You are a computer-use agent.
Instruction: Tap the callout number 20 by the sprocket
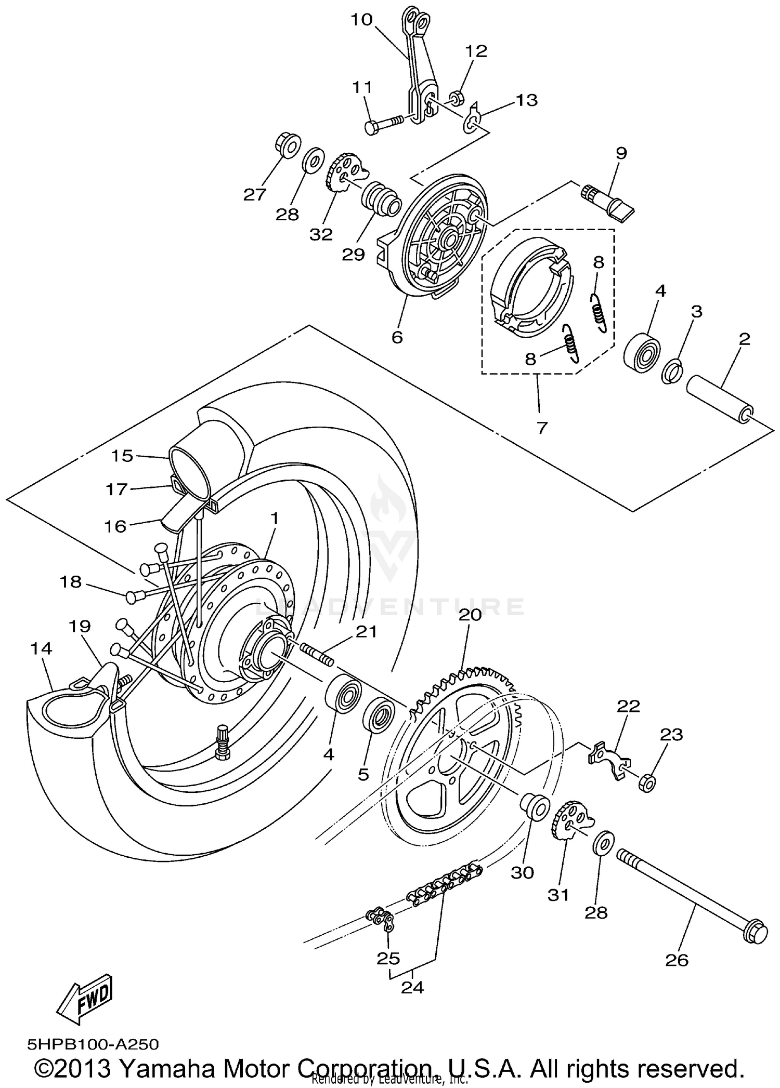pyautogui.click(x=470, y=615)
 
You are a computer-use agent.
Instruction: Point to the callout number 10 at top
pyautogui.click(x=361, y=20)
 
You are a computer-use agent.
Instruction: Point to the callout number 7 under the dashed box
pyautogui.click(x=542, y=428)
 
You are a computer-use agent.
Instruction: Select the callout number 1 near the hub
pyautogui.click(x=274, y=518)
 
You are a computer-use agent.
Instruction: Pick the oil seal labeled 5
pyautogui.click(x=381, y=714)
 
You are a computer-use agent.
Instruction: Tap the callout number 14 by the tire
pyautogui.click(x=41, y=648)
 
